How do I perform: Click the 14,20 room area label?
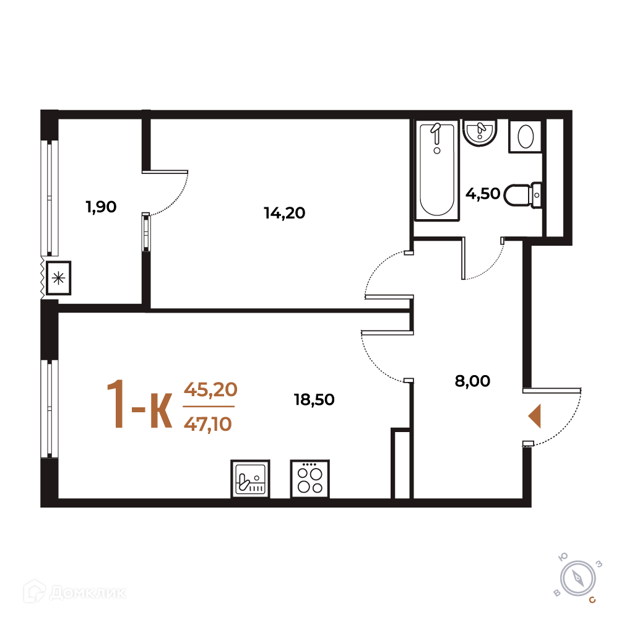(x=284, y=213)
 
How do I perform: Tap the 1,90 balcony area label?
(x=101, y=207)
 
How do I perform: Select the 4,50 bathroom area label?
(x=483, y=194)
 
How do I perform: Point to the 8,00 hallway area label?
(x=472, y=381)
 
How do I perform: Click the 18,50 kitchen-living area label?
(x=314, y=399)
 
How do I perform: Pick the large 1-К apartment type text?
(x=139, y=404)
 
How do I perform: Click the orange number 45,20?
(x=210, y=389)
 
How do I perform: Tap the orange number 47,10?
(x=207, y=424)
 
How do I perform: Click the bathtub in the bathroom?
(x=437, y=170)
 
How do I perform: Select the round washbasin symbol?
(x=480, y=132)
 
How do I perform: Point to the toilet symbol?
(x=522, y=195)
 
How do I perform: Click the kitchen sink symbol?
(x=250, y=479)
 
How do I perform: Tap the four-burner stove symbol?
(x=310, y=479)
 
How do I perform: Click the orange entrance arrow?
(x=535, y=416)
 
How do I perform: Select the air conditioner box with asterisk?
(x=58, y=278)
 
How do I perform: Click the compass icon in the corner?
(x=578, y=579)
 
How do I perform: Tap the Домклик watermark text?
(x=75, y=592)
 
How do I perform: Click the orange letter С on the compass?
(x=592, y=600)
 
